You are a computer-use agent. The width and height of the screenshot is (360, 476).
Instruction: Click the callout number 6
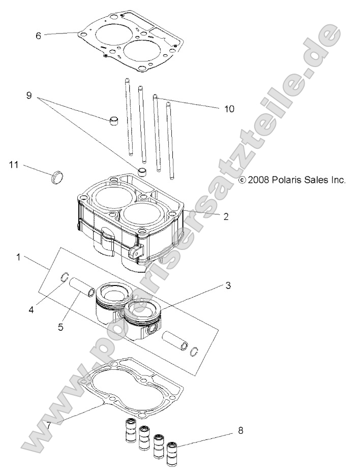[38, 36]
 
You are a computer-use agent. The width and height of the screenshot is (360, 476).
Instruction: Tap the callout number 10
[229, 109]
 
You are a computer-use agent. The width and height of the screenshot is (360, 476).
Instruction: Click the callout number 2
[226, 216]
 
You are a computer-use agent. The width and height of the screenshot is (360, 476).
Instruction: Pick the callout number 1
[18, 258]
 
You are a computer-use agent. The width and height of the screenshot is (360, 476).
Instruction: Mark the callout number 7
[49, 424]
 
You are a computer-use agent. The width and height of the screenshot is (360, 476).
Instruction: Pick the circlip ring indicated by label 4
[65, 277]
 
